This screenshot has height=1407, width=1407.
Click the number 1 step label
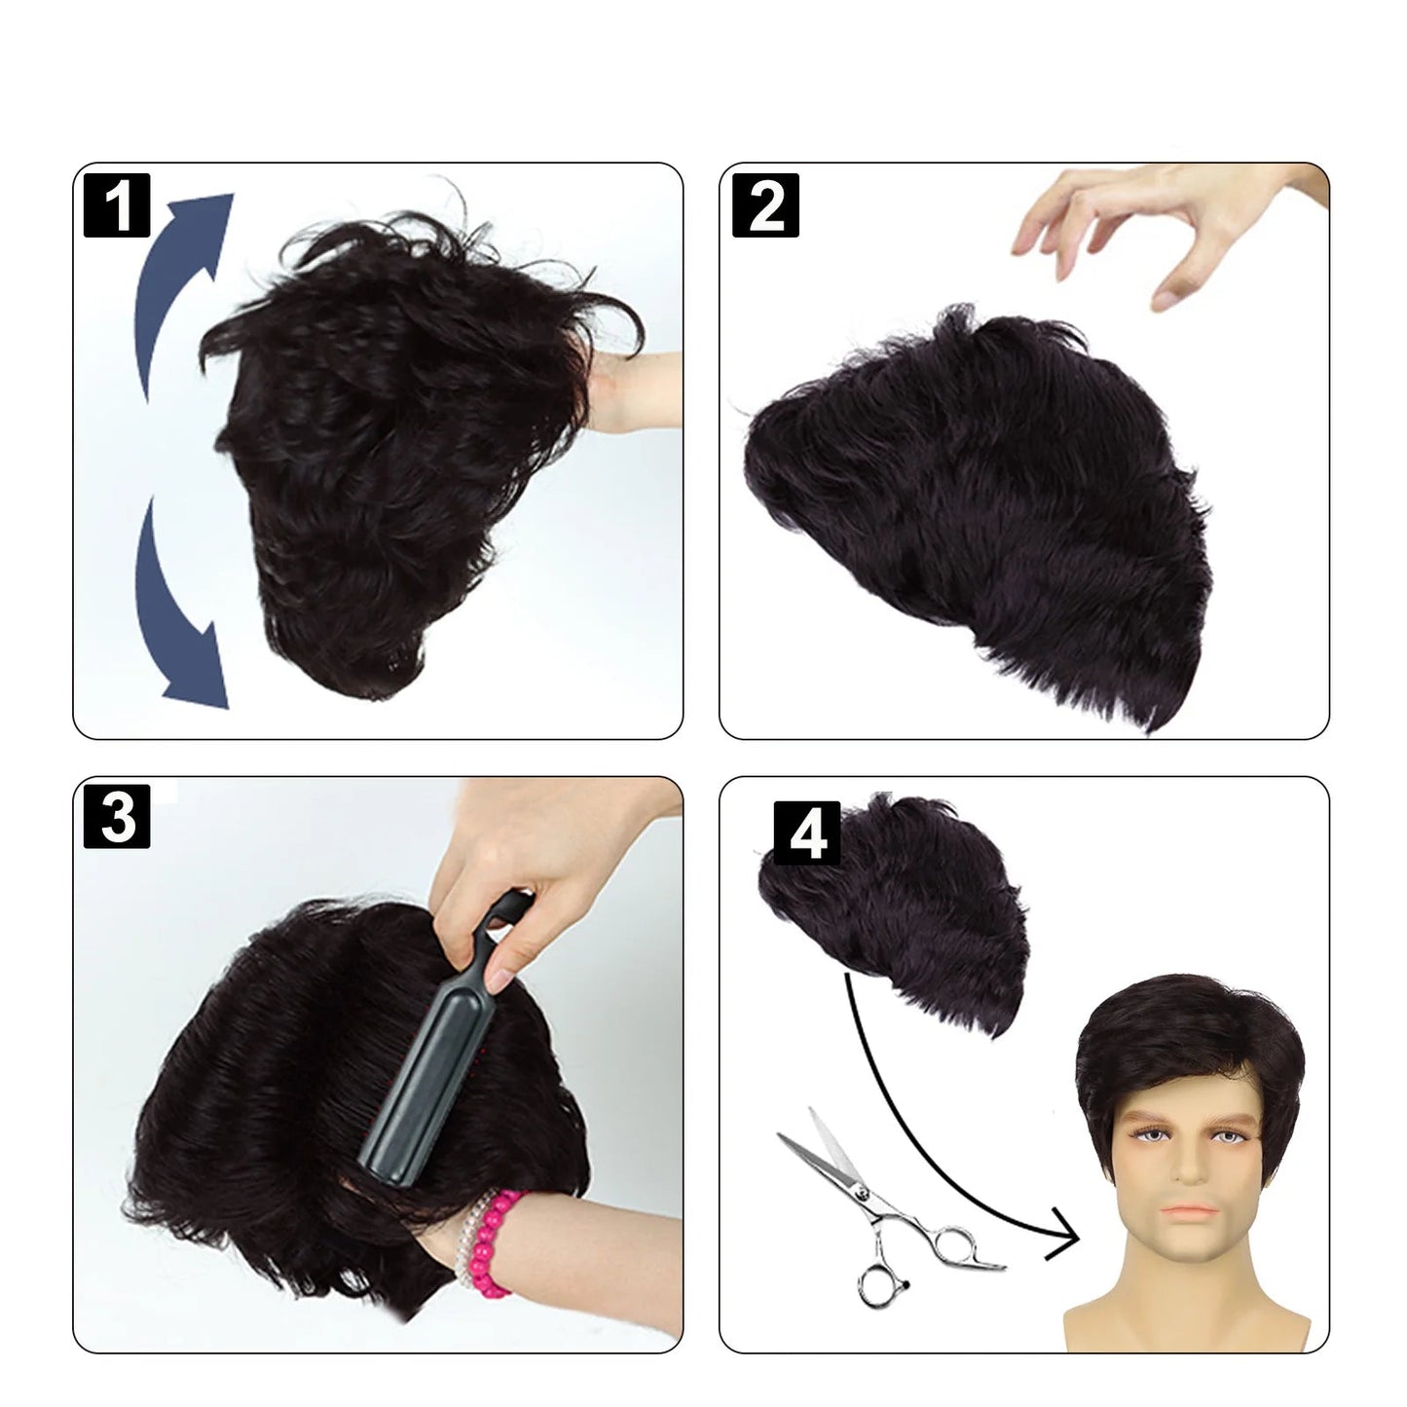(x=117, y=205)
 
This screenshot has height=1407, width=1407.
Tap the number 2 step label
(x=765, y=205)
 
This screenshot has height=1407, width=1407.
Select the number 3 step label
(x=117, y=816)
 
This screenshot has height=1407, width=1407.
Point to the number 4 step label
(x=807, y=833)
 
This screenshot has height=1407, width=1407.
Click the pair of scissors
(x=887, y=1212)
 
